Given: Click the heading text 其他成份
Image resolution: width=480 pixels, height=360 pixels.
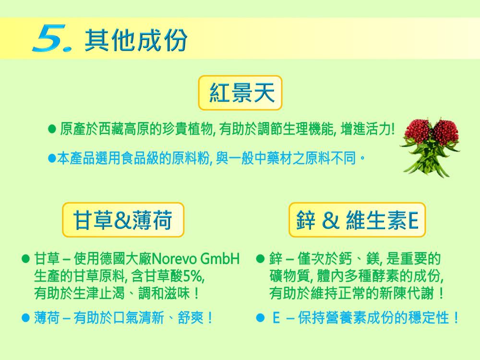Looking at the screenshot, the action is click(136, 40).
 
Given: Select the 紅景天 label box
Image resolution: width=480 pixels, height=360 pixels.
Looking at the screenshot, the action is click(240, 93).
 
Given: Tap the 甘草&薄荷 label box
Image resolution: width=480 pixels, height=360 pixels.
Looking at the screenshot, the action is click(123, 220).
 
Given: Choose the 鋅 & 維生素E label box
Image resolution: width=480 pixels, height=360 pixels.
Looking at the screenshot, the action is click(357, 220).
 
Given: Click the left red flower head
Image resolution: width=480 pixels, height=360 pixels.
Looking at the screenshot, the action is click(417, 131).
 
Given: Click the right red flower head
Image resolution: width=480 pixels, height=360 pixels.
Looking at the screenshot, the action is click(445, 131).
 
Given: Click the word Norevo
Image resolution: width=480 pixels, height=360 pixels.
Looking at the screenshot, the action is click(174, 259).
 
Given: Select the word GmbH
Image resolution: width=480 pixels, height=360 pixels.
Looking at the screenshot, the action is click(220, 259).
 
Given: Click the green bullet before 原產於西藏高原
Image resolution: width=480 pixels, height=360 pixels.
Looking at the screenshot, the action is click(52, 129).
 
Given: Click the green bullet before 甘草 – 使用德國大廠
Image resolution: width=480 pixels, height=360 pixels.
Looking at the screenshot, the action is click(26, 259).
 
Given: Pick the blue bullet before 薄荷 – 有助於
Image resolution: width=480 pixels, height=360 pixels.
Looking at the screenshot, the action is click(26, 317).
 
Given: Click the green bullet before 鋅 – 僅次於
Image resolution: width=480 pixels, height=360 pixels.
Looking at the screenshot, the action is click(260, 259).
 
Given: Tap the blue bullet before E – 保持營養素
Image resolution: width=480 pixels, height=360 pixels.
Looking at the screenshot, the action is click(260, 317).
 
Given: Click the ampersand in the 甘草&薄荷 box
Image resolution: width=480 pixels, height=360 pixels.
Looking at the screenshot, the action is click(122, 220).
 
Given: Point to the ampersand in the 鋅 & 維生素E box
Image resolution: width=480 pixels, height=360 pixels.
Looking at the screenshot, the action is click(331, 220).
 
